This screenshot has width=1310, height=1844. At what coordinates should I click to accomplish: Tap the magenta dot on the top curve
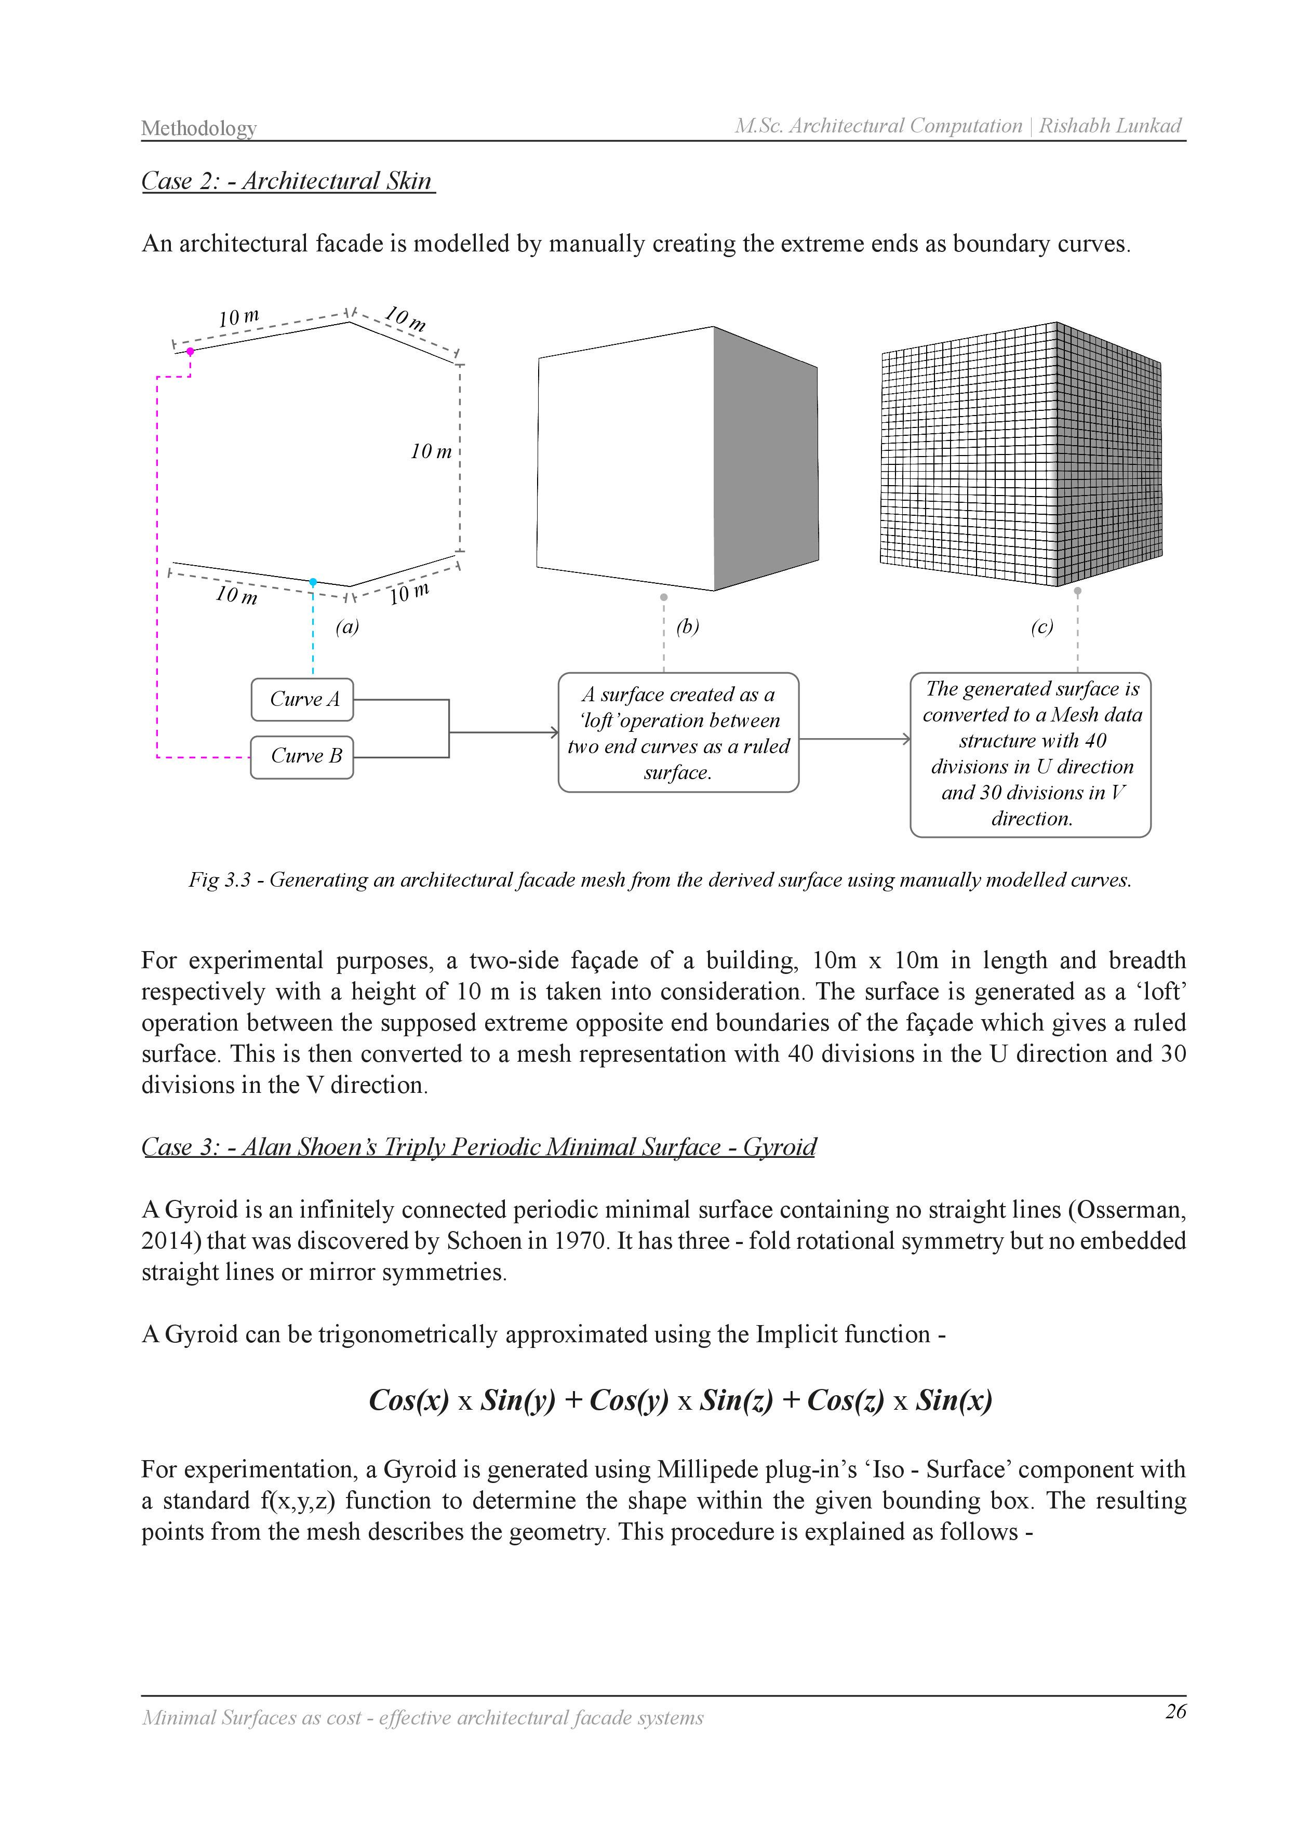click(190, 351)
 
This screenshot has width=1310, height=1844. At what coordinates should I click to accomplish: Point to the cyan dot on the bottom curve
click(313, 582)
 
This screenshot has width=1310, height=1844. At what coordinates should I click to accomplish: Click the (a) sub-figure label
click(347, 627)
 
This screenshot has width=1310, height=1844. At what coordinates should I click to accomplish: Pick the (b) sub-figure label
click(687, 627)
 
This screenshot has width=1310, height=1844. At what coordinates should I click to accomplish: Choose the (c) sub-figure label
click(1041, 627)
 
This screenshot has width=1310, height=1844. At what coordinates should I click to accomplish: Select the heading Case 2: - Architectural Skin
click(287, 181)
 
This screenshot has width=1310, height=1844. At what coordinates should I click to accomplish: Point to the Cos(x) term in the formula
click(409, 1399)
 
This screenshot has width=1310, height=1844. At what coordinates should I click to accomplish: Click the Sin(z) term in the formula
click(736, 1399)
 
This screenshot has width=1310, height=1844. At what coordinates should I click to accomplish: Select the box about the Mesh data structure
click(1031, 754)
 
